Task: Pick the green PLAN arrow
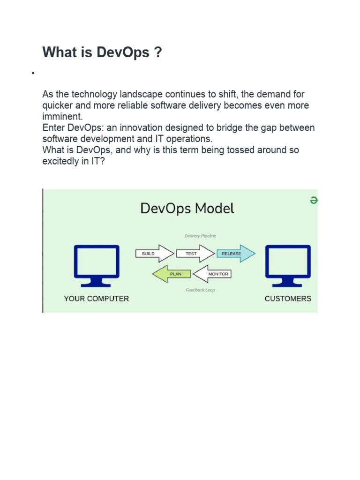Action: pos(172,274)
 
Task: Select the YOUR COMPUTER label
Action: pos(97,299)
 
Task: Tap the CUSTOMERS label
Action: pos(288,299)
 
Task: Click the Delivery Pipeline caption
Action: pos(200,236)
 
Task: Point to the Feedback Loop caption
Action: pos(200,290)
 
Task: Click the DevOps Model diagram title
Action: pos(187,209)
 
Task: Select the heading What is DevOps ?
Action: pos(102,52)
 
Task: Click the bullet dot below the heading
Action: pos(33,73)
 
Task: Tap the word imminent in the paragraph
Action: pos(62,117)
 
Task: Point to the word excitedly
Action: pos(62,162)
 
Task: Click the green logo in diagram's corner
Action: pos(314,201)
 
